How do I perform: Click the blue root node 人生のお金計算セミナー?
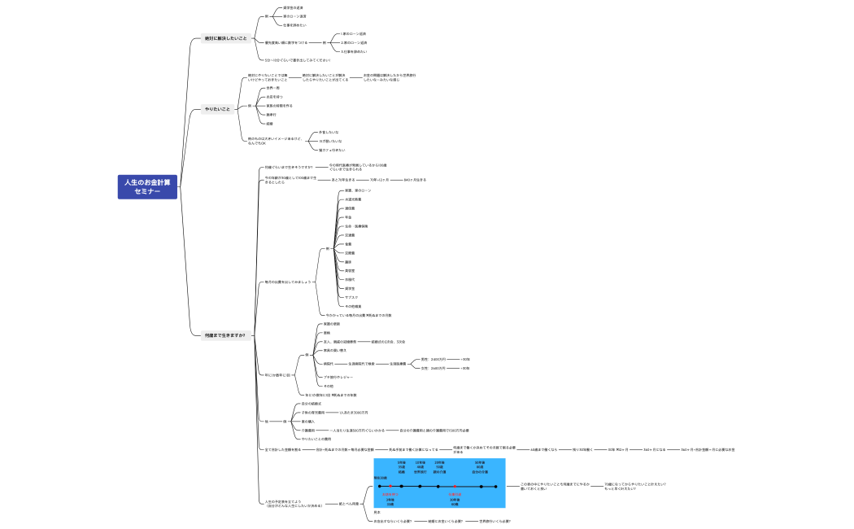coord(147,186)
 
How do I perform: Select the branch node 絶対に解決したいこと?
coord(225,38)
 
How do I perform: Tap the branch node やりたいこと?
coord(217,108)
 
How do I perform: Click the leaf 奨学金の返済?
coord(294,8)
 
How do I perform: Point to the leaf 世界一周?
coord(274,87)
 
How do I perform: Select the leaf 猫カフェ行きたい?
coord(332,150)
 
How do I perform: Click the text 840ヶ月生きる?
coord(415,179)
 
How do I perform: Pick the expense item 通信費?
coord(350,208)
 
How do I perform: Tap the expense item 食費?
coord(348,243)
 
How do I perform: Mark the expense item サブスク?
coord(351,297)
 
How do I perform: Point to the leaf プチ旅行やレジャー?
coord(338,377)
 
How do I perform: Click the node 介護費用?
coord(308,430)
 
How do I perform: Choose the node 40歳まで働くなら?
coord(544,449)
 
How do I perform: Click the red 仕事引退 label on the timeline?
coord(455,494)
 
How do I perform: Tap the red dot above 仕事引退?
coord(455,487)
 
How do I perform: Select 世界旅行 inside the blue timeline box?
coord(420,471)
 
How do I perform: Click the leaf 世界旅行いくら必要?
coord(495,521)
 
